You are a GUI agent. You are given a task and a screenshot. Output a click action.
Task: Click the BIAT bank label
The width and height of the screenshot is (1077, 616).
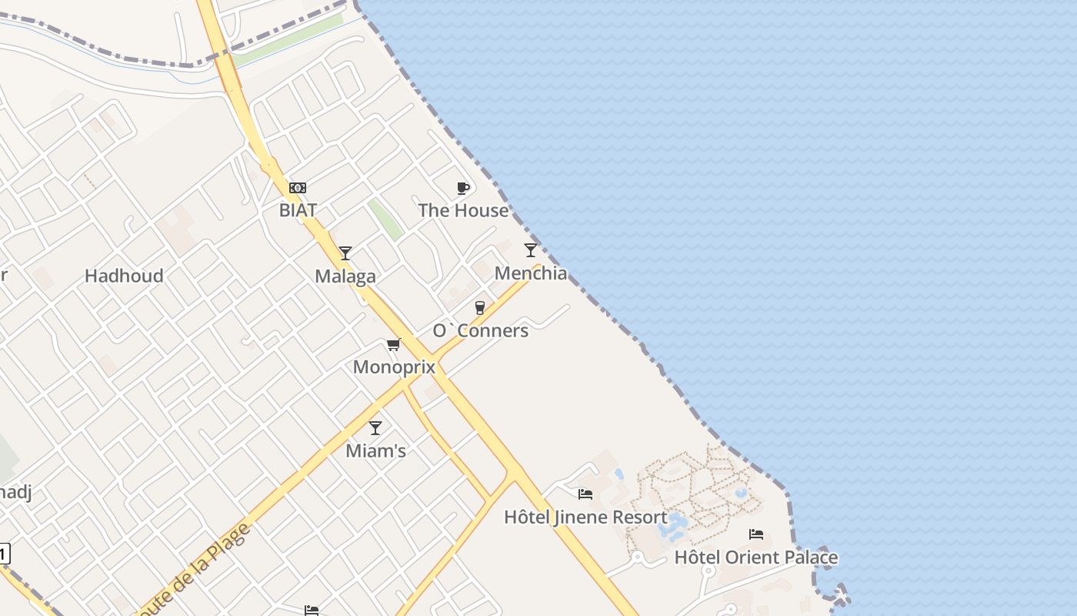[298, 210]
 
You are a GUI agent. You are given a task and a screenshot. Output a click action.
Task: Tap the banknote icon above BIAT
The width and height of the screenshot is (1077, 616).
[298, 188]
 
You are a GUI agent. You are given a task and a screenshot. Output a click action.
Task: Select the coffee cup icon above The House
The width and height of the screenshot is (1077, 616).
[463, 188]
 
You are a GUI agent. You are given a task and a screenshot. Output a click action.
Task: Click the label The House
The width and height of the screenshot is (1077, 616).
[463, 210]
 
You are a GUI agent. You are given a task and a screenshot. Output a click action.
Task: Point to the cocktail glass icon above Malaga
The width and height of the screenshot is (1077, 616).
[345, 253]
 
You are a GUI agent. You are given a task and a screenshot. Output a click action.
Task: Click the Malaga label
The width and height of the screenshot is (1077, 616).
[345, 276]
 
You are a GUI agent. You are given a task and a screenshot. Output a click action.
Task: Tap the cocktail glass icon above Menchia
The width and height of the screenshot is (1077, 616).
[531, 249]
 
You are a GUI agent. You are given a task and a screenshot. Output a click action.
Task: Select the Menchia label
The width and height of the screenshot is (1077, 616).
[531, 273]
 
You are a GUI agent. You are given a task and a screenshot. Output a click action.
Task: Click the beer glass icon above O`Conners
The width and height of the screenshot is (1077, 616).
[480, 308]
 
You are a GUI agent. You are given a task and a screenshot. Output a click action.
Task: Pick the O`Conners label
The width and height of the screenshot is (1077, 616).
[480, 330]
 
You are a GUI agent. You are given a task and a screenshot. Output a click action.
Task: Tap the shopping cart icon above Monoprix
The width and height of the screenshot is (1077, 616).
[394, 344]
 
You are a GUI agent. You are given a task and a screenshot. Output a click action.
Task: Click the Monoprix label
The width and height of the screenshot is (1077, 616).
[394, 367]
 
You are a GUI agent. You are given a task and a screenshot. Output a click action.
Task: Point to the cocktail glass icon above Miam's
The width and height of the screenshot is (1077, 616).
[375, 428]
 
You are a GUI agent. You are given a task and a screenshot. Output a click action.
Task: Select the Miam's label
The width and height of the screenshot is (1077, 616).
[375, 450]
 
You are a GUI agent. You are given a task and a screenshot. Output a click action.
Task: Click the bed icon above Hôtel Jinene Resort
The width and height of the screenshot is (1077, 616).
[585, 494]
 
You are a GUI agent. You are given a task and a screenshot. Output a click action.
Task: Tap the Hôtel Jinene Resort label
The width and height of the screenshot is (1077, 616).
[585, 517]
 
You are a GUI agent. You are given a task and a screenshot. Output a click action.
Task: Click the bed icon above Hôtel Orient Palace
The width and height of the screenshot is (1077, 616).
[756, 534]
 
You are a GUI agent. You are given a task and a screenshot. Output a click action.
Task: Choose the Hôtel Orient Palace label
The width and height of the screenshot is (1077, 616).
[756, 557]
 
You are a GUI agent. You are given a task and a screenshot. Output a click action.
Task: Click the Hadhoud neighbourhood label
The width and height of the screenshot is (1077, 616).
[124, 276]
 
